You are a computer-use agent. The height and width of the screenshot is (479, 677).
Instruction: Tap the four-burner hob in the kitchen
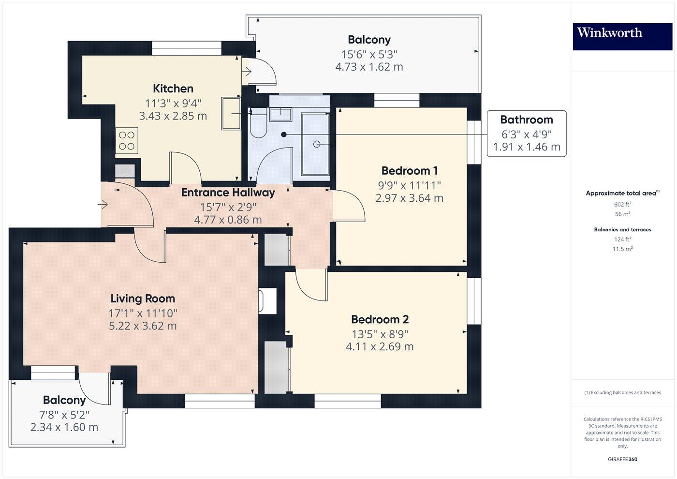coord(127,141)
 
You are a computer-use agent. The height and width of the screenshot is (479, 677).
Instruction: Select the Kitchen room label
coord(173,89)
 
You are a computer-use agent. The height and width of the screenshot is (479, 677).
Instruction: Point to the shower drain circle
coord(317,144)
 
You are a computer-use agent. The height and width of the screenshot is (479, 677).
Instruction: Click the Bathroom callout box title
coord(526,120)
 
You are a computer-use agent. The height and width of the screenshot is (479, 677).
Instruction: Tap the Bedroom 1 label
coord(409,170)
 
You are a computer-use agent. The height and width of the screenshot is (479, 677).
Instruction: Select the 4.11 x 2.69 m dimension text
coord(380,346)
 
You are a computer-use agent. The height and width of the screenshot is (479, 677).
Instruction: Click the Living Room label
coord(143,299)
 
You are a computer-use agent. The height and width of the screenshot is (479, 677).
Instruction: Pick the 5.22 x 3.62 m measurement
coord(143,326)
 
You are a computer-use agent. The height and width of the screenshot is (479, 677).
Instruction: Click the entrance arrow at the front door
coord(103,205)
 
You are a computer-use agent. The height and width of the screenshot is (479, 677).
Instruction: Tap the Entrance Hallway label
coord(228,193)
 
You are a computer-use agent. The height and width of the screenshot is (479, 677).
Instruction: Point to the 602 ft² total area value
coord(622,204)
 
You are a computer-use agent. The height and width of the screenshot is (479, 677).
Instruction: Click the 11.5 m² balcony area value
coord(622,249)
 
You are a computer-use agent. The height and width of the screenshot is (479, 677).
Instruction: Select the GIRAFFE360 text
coord(622,459)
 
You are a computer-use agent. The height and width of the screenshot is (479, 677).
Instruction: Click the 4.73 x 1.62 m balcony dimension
coord(369,67)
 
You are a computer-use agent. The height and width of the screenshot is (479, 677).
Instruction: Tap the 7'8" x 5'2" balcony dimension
coord(64,414)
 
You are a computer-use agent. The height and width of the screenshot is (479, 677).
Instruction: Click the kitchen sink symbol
coord(231,113)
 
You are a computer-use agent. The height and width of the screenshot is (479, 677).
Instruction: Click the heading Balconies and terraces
coord(622,229)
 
